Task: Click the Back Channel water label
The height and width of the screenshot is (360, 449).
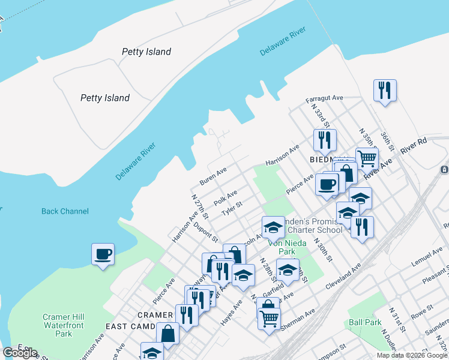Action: point(65,211)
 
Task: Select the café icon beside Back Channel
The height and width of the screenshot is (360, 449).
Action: point(103,254)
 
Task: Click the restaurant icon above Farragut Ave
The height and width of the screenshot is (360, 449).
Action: point(384,91)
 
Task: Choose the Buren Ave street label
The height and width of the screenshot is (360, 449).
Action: point(213,176)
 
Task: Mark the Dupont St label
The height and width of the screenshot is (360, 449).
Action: point(205,233)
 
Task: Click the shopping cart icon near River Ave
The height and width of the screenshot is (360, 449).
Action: point(366,158)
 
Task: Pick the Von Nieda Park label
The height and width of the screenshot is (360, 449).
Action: point(287,247)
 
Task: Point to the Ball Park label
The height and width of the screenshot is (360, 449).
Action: point(365,322)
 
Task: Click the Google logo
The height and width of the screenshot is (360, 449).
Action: point(20,353)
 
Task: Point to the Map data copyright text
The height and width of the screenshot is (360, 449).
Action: point(412,355)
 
